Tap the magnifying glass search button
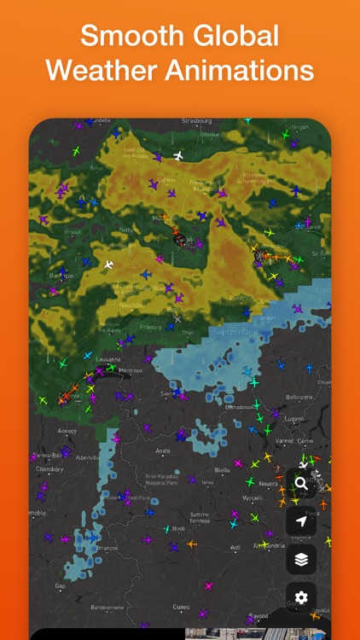(301, 483)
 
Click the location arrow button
(301, 521)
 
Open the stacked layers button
(301, 559)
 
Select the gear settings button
(301, 596)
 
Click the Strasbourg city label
(201, 121)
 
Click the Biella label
(222, 469)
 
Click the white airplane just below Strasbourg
(178, 155)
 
